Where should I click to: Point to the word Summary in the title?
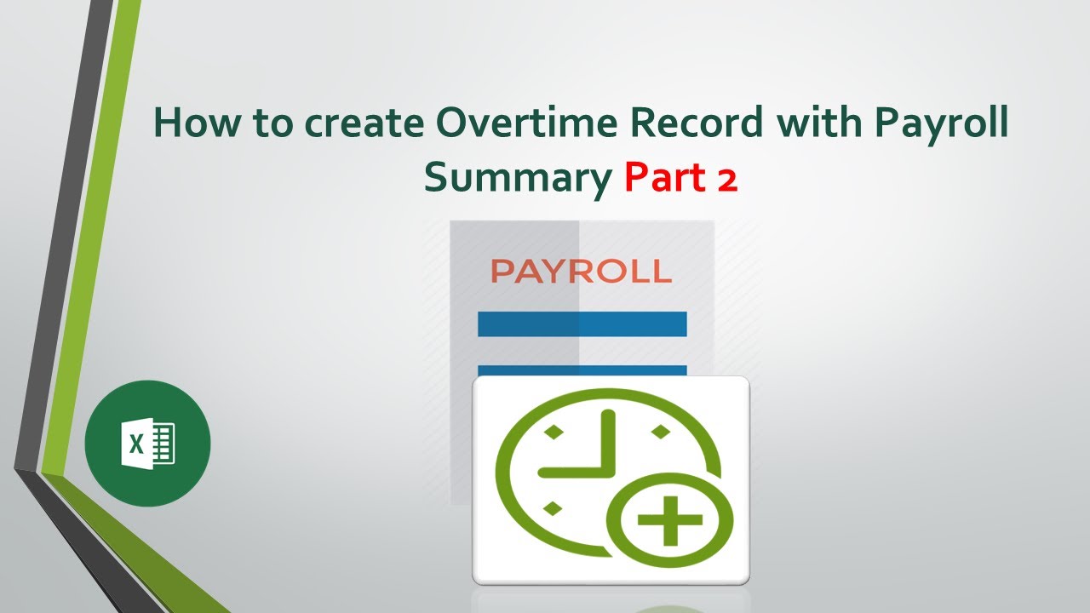517,178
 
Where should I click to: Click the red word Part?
660,177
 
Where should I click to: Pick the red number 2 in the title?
725,178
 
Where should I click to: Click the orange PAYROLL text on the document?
582,272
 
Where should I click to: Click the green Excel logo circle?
147,443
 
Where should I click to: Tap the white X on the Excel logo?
135,444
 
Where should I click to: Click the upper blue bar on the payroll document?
582,324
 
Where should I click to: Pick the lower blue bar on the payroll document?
582,370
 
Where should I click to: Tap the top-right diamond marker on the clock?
657,433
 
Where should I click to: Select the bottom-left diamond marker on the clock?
552,508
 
